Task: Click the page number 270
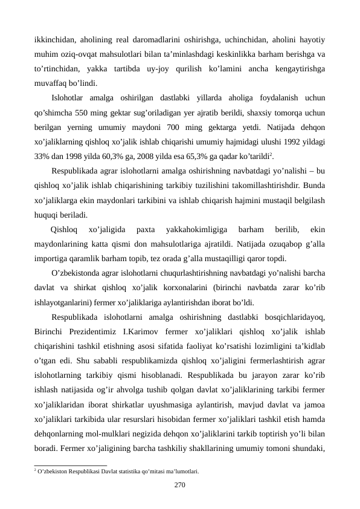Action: tap(180, 484)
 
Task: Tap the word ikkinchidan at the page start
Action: tap(56, 40)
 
